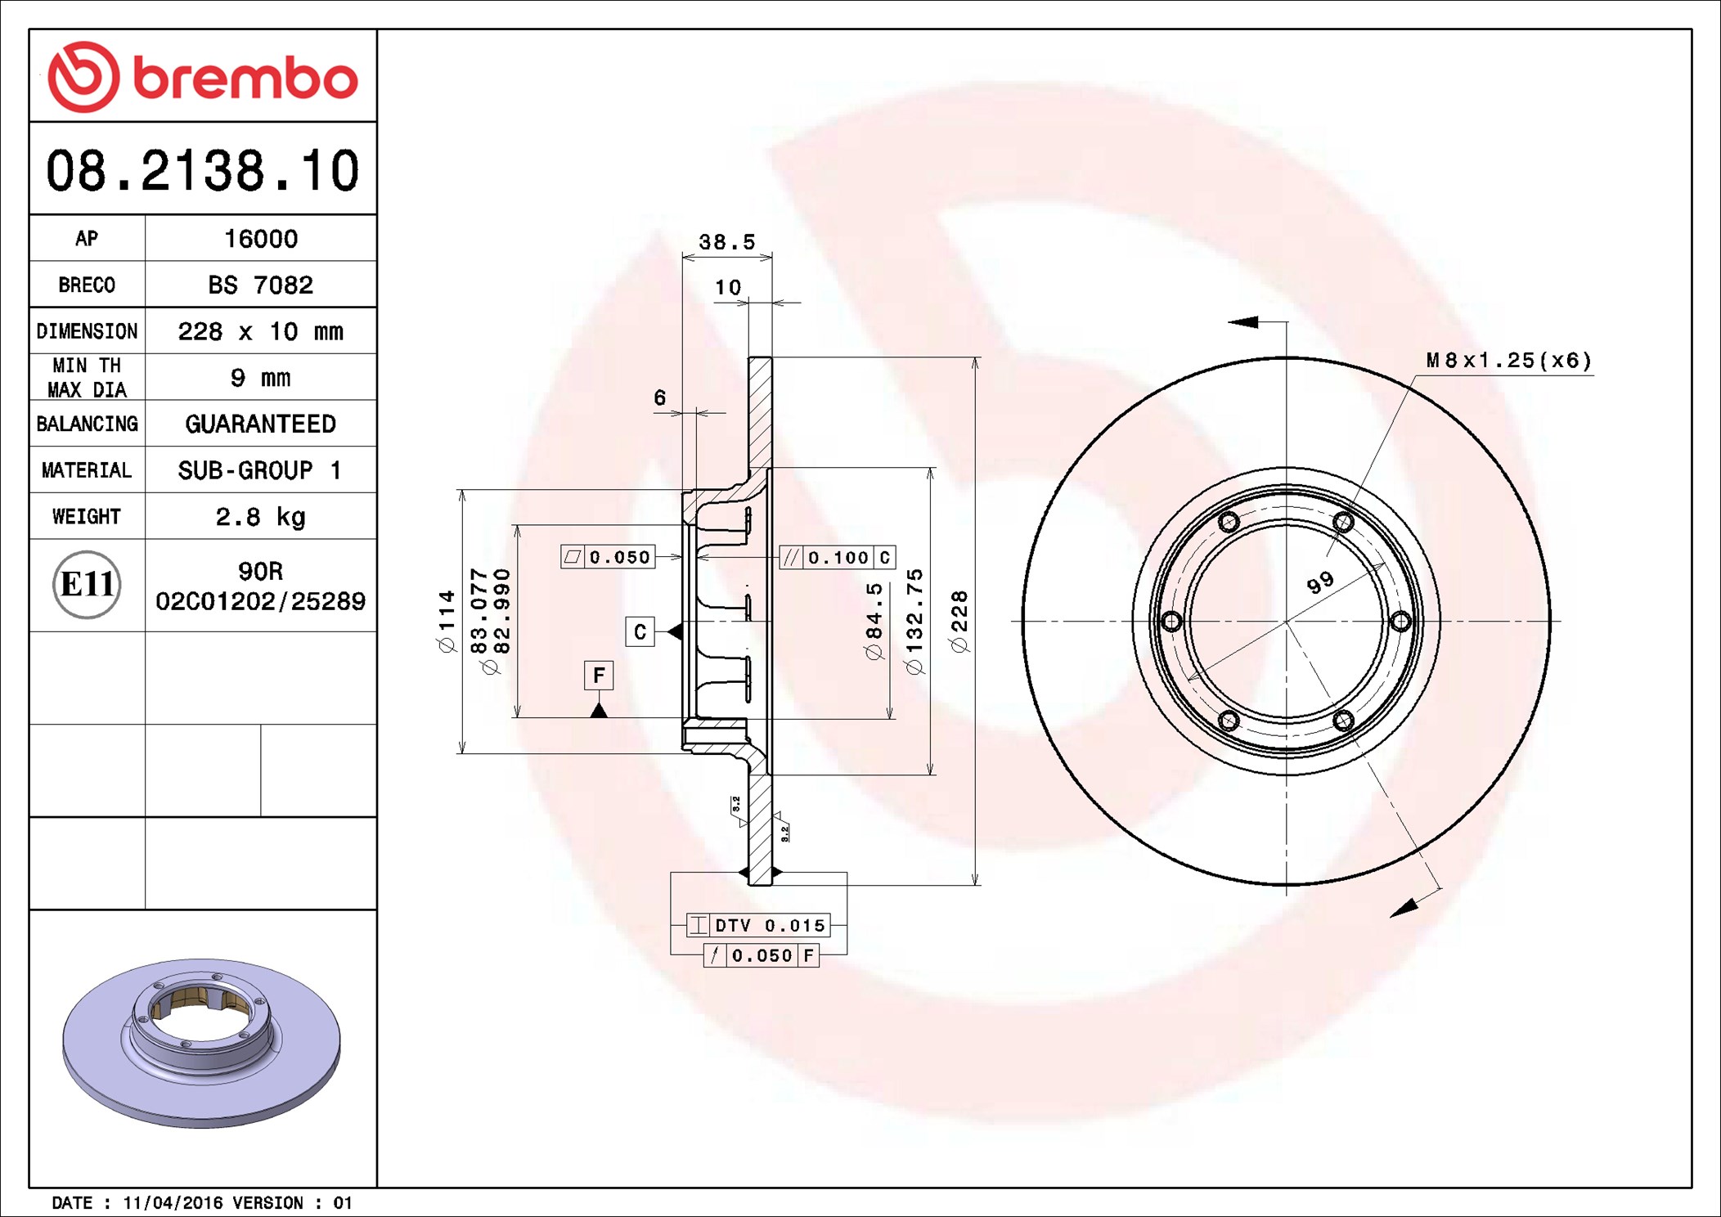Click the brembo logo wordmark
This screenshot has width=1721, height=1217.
pos(245,79)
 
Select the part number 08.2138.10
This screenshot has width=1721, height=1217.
pos(203,170)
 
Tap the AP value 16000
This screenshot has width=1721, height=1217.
pos(261,239)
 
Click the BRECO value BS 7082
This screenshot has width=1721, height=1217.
pos(260,285)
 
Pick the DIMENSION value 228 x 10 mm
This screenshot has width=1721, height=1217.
pos(260,331)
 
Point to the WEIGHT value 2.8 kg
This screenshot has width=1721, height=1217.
pos(260,517)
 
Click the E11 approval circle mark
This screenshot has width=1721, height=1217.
pos(87,584)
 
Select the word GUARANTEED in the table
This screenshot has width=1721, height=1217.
pos(260,424)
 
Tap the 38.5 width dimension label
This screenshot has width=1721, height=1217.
pos(726,242)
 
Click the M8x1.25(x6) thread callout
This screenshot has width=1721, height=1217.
pos(1509,361)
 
